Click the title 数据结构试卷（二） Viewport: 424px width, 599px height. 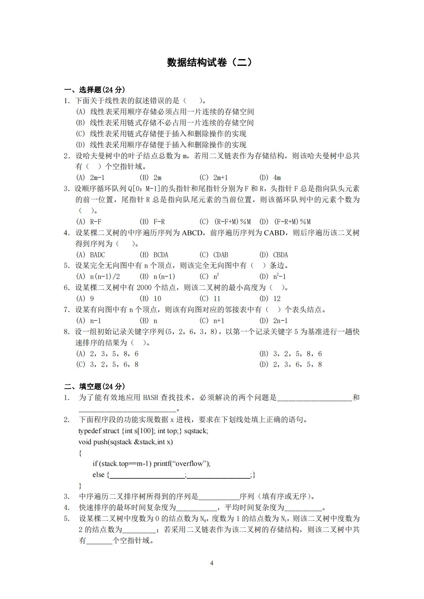tap(212, 63)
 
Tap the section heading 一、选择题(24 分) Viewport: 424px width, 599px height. tap(94, 90)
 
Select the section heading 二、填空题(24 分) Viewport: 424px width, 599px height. tap(94, 387)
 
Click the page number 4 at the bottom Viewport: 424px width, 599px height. tap(212, 563)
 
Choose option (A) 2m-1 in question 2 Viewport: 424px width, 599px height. tap(91, 178)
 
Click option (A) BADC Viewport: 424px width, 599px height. tap(91, 255)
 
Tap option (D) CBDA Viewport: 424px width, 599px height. tap(274, 255)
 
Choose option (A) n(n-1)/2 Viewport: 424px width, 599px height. tap(98, 277)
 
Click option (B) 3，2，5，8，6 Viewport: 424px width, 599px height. tap(291, 354)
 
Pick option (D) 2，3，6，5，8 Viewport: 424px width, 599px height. tap(291, 364)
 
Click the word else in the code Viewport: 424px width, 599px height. tap(98, 475)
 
